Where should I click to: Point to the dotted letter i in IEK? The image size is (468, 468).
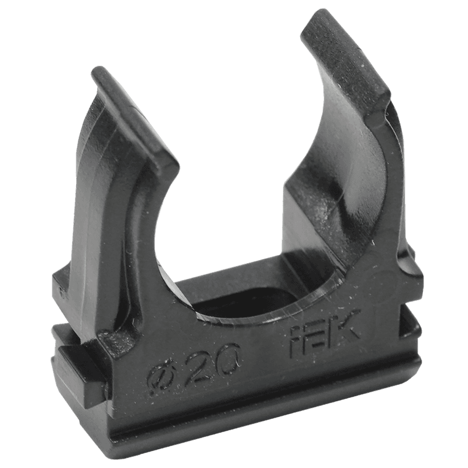(x=295, y=342)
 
